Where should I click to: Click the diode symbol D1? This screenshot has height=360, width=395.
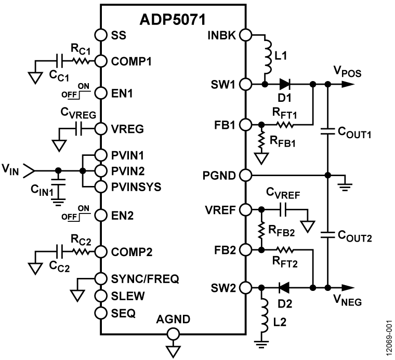pyautogui.click(x=285, y=84)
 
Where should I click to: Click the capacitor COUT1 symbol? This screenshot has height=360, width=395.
pyautogui.click(x=328, y=131)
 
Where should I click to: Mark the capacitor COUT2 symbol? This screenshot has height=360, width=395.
pyautogui.click(x=328, y=232)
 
